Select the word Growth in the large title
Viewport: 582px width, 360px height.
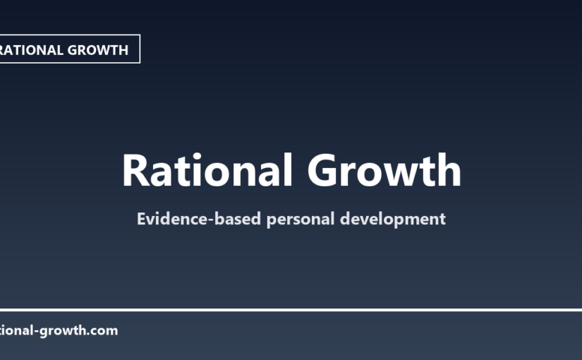tap(384, 171)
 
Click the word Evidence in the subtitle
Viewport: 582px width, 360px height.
tap(167, 219)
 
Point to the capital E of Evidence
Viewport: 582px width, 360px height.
tap(141, 219)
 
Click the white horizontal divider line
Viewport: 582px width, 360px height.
tap(291, 310)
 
